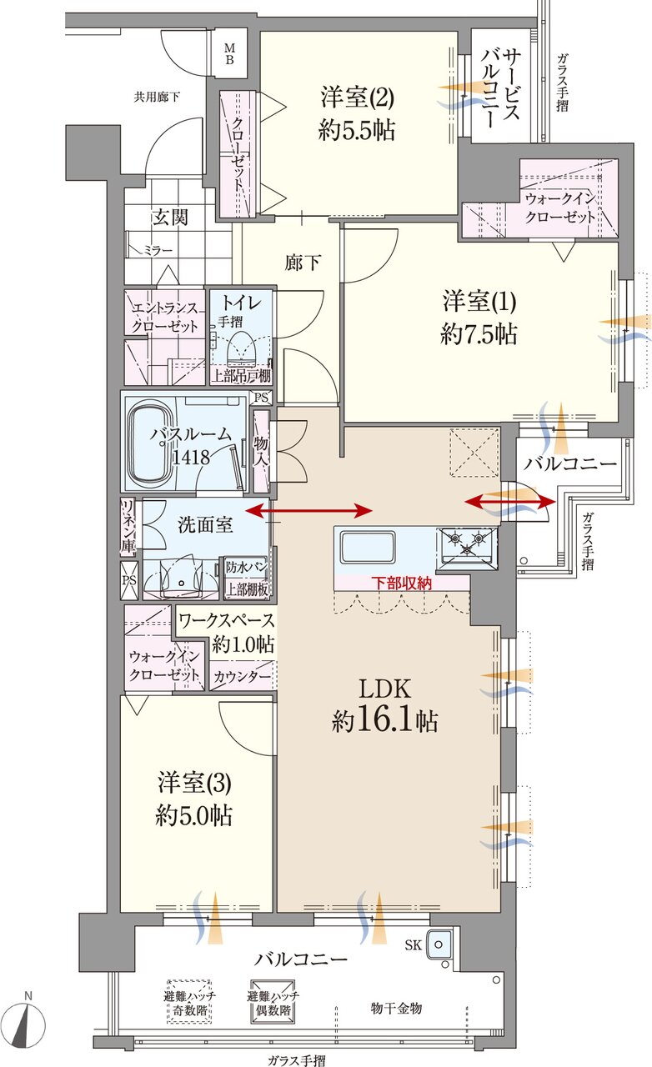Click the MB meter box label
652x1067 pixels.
point(229,53)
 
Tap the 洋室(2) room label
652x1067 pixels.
point(357,96)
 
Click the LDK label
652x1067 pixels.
point(384,689)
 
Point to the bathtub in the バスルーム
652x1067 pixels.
point(149,442)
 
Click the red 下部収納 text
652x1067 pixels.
point(401,583)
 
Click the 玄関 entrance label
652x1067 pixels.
point(171,218)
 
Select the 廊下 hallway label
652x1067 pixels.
point(303,263)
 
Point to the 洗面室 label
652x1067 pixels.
point(205,524)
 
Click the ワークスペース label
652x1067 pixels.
point(227,620)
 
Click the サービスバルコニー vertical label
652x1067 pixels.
point(500,88)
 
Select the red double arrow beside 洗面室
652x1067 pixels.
point(309,512)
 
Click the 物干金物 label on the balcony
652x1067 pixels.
point(397,1008)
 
